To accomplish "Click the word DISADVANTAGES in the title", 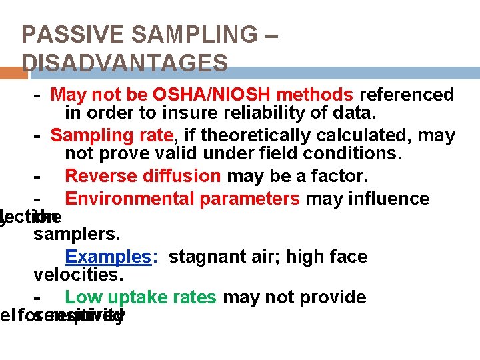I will (125, 63).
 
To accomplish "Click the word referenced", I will (407, 95).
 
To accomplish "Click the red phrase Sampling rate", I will (111, 136).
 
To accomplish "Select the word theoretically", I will (267, 136).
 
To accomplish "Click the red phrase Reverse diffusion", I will (143, 177).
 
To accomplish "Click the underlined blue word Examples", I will (109, 257).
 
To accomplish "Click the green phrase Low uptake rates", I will (140, 297).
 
